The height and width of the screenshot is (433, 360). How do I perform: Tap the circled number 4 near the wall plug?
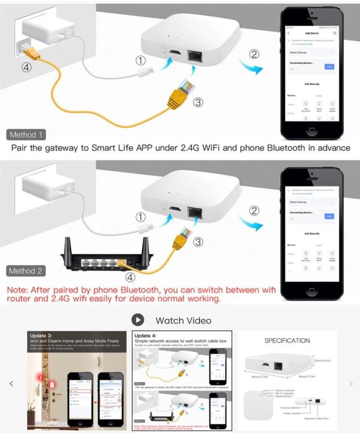click(26, 68)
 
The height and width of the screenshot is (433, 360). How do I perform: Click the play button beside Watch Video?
click(138, 320)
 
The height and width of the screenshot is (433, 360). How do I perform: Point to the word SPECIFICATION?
click(287, 341)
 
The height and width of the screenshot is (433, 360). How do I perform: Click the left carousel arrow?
click(11, 384)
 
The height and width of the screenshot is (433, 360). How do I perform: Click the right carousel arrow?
click(351, 384)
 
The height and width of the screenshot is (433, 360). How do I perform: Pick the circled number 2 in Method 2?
click(254, 211)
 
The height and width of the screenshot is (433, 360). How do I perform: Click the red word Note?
click(17, 289)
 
